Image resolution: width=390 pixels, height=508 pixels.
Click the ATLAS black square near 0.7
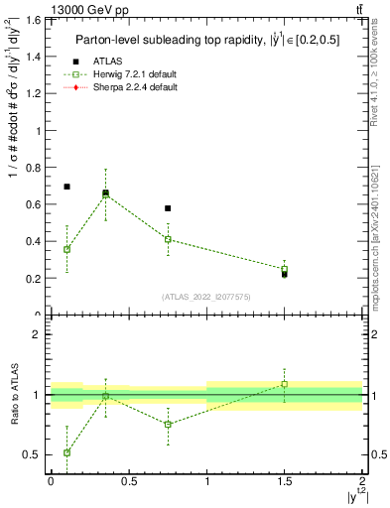[66, 187]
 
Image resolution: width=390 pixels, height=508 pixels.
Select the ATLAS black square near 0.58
[168, 208]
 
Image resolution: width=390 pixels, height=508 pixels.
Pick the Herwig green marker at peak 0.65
[105, 195]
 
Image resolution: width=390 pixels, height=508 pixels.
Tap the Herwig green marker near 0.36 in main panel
[66, 249]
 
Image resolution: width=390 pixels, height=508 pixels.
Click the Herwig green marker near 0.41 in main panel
[168, 239]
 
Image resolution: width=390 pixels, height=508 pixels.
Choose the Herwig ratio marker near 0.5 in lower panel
[66, 452]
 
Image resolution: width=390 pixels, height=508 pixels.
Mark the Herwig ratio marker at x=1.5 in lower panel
[285, 384]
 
